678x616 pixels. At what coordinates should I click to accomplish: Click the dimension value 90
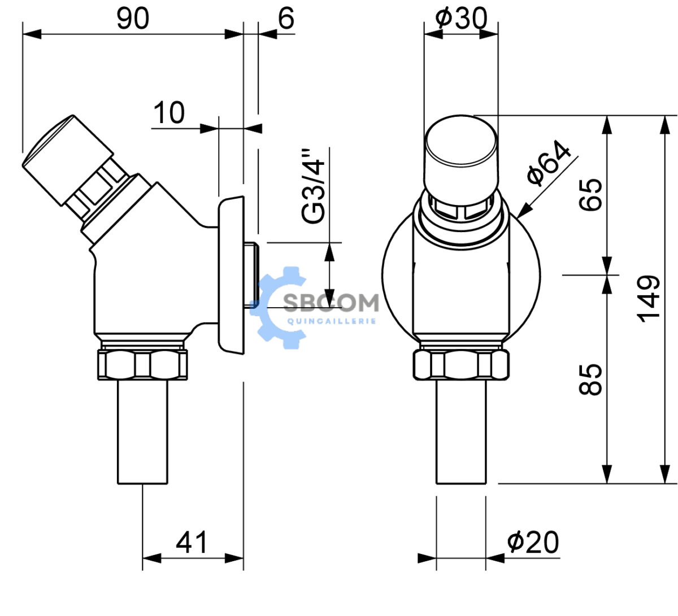point(132,19)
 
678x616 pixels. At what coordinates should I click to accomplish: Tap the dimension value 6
point(286,19)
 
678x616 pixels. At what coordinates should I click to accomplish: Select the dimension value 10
point(169,112)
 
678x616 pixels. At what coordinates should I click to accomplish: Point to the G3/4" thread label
point(313,186)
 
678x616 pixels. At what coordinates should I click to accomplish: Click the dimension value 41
point(192,543)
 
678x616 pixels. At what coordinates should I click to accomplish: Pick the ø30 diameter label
point(461,18)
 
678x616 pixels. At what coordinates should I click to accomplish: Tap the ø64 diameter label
point(549,163)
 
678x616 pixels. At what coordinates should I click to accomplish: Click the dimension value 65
point(590,195)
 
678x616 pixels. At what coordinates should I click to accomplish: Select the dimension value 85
point(590,379)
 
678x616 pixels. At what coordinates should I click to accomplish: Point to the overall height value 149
point(648,299)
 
